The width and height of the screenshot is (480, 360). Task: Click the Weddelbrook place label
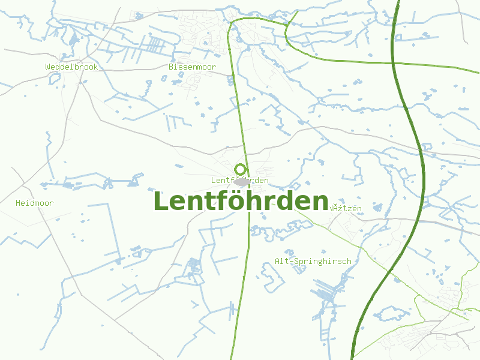tap(71, 67)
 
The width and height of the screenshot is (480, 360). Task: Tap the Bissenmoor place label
tap(192, 67)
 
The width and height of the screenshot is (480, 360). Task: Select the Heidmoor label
tap(34, 203)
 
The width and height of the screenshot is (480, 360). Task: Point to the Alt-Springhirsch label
tap(313, 262)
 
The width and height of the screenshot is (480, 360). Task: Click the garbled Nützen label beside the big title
tap(347, 208)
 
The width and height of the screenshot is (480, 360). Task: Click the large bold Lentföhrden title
tap(241, 201)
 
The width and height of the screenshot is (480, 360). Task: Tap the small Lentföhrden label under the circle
tap(240, 181)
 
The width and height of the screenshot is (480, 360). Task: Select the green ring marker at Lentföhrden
tap(241, 169)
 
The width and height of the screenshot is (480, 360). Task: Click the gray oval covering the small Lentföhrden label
tap(243, 181)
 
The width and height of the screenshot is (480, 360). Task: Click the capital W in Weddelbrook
tap(48, 67)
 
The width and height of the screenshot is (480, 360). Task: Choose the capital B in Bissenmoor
tap(171, 67)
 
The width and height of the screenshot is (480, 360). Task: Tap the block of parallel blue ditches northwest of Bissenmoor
tap(156, 44)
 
